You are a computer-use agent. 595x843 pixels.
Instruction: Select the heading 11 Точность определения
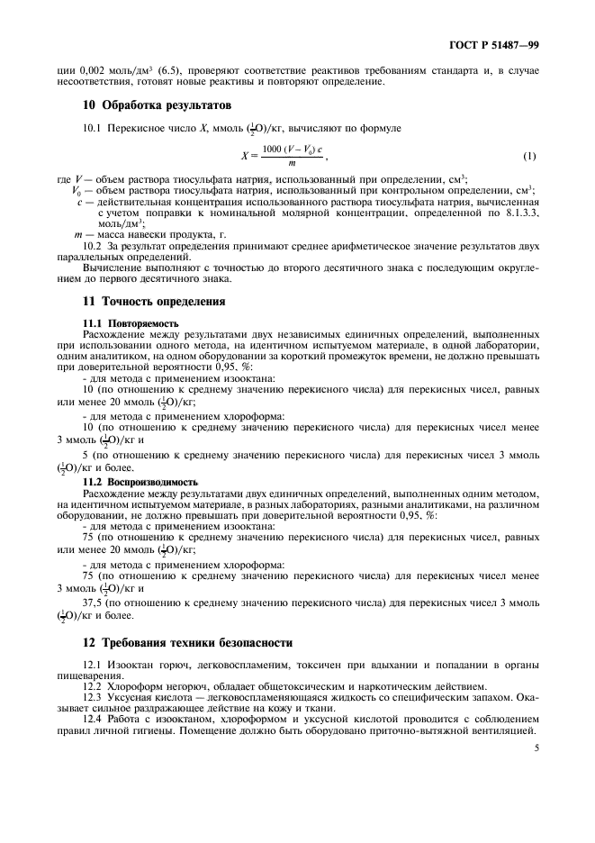tap(154, 301)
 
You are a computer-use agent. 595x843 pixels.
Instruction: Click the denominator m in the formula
tap(293, 163)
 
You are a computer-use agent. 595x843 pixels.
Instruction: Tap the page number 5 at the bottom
tap(536, 747)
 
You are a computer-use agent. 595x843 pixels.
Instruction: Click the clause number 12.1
tap(93, 664)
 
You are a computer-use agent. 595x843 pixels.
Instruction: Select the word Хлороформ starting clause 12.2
tap(138, 685)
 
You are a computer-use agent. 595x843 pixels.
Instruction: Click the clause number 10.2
tap(93, 245)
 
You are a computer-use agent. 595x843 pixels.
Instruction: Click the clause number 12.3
tap(93, 696)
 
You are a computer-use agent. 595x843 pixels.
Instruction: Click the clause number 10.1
tap(93, 130)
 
